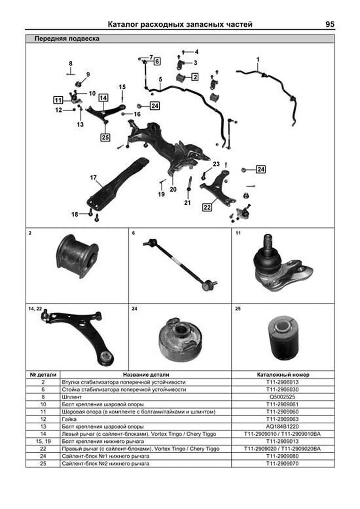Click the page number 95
coord(329,24)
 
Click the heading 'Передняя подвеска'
coord(67,39)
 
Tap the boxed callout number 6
coord(157,61)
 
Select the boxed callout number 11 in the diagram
coord(58,100)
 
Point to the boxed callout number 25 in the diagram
coord(105,137)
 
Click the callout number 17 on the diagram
coord(93,178)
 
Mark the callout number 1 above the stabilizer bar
coord(258,60)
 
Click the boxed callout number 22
coord(207,207)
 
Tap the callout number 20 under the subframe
coord(173,190)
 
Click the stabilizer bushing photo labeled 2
coord(77,256)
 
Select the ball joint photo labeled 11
coord(280,265)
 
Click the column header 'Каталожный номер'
coord(283,375)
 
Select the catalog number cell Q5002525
coord(283,397)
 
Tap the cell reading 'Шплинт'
coord(72,397)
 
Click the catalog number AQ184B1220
coord(283,427)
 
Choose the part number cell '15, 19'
coord(43,441)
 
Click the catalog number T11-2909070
coord(283,463)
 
